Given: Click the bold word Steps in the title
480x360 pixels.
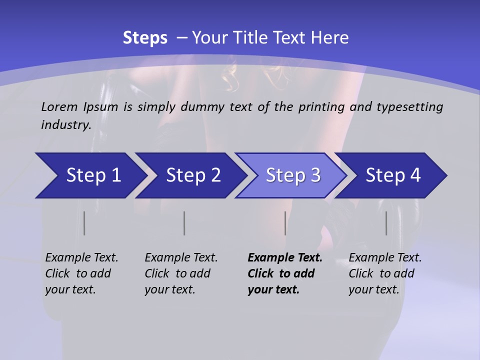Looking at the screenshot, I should point(145,38).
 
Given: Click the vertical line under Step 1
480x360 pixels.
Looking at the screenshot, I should point(84,223).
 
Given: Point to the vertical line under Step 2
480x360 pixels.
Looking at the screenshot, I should point(184,223).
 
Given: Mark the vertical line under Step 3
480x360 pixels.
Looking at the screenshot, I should point(285,223).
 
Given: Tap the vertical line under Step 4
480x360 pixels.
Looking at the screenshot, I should point(386,223).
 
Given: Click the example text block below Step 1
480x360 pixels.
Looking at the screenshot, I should point(81,273).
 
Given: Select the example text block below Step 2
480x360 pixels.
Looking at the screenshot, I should point(181,273).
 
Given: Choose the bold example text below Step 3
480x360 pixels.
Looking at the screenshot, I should point(284,273).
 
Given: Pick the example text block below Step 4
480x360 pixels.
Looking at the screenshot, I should point(385,273).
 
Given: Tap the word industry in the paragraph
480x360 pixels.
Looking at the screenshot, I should point(65,125).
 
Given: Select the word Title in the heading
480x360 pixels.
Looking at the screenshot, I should point(268,38).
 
